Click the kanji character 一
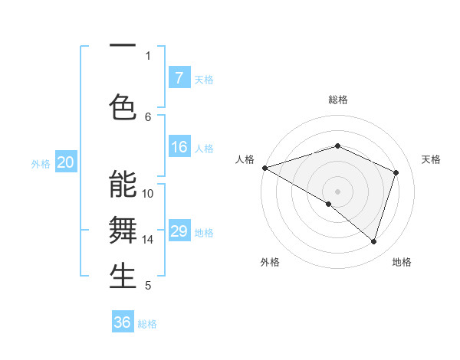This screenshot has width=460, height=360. pos(123,45)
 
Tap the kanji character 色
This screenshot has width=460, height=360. pos(123,106)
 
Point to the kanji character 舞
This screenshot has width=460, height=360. pos(123,230)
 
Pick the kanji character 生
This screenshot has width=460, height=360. pos(123,276)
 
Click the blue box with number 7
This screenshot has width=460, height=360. pos(179,78)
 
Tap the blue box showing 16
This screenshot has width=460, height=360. pos(179,147)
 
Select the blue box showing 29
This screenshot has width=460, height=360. pos(179,231)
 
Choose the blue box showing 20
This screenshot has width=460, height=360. pos(66,162)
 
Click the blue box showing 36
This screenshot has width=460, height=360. pos(123,322)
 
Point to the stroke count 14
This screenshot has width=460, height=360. pos(148,239)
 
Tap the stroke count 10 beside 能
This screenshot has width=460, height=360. pos(148,193)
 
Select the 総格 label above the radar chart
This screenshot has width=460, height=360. pos(337,100)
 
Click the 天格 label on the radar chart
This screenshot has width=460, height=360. pos(431,159)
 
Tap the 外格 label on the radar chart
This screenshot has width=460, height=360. pos(270,262)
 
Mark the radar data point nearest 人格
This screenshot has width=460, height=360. pos(264,168)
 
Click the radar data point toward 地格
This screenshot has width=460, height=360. pos(374,241)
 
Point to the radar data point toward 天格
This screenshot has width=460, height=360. pos(396,172)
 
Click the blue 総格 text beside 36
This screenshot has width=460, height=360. pos(147,324)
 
